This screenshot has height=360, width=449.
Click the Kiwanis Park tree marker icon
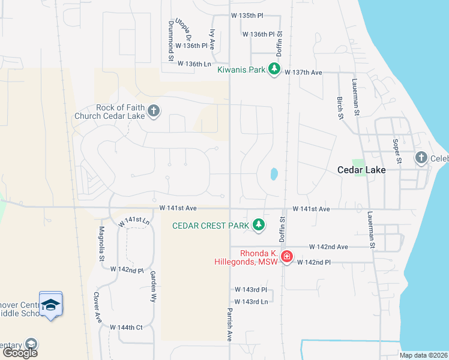(274, 69)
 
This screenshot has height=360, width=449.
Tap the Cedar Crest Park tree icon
(259, 225)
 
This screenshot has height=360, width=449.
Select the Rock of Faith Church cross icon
(154, 110)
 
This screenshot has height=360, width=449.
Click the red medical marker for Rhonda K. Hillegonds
(287, 257)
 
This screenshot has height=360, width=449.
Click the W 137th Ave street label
(304, 73)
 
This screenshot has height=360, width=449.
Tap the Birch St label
(340, 109)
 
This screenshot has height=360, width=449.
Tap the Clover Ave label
(96, 305)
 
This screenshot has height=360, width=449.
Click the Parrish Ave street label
(229, 326)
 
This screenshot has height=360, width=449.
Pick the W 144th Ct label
(126, 327)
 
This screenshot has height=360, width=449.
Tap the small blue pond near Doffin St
(274, 174)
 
